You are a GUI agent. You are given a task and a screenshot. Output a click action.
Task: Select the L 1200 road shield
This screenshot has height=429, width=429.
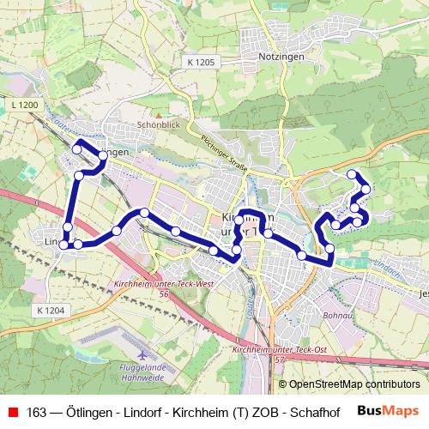point(26,105)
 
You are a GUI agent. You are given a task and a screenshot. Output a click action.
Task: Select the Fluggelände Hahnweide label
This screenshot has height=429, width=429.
point(140,372)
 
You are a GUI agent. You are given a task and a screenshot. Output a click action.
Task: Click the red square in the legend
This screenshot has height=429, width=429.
point(12,412)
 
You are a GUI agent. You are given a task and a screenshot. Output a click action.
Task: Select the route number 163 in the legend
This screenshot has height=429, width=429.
point(37,412)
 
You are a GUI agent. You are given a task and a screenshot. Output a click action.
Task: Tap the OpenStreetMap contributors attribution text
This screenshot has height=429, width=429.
point(353,384)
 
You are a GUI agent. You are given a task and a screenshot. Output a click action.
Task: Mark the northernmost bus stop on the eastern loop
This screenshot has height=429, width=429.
point(352,174)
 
